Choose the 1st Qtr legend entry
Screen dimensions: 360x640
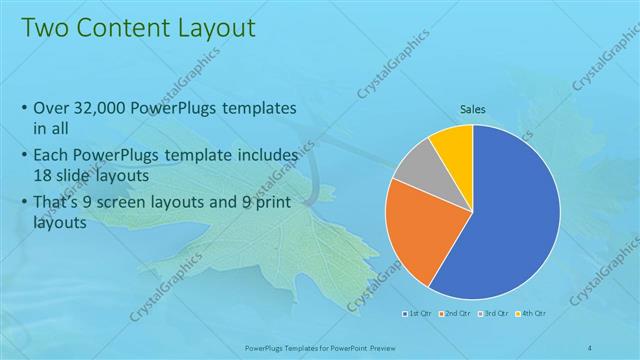coord(417,314)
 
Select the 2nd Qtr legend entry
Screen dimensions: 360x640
coord(455,314)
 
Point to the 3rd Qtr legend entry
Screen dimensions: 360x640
coord(493,314)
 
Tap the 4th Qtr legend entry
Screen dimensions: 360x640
coord(531,314)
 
